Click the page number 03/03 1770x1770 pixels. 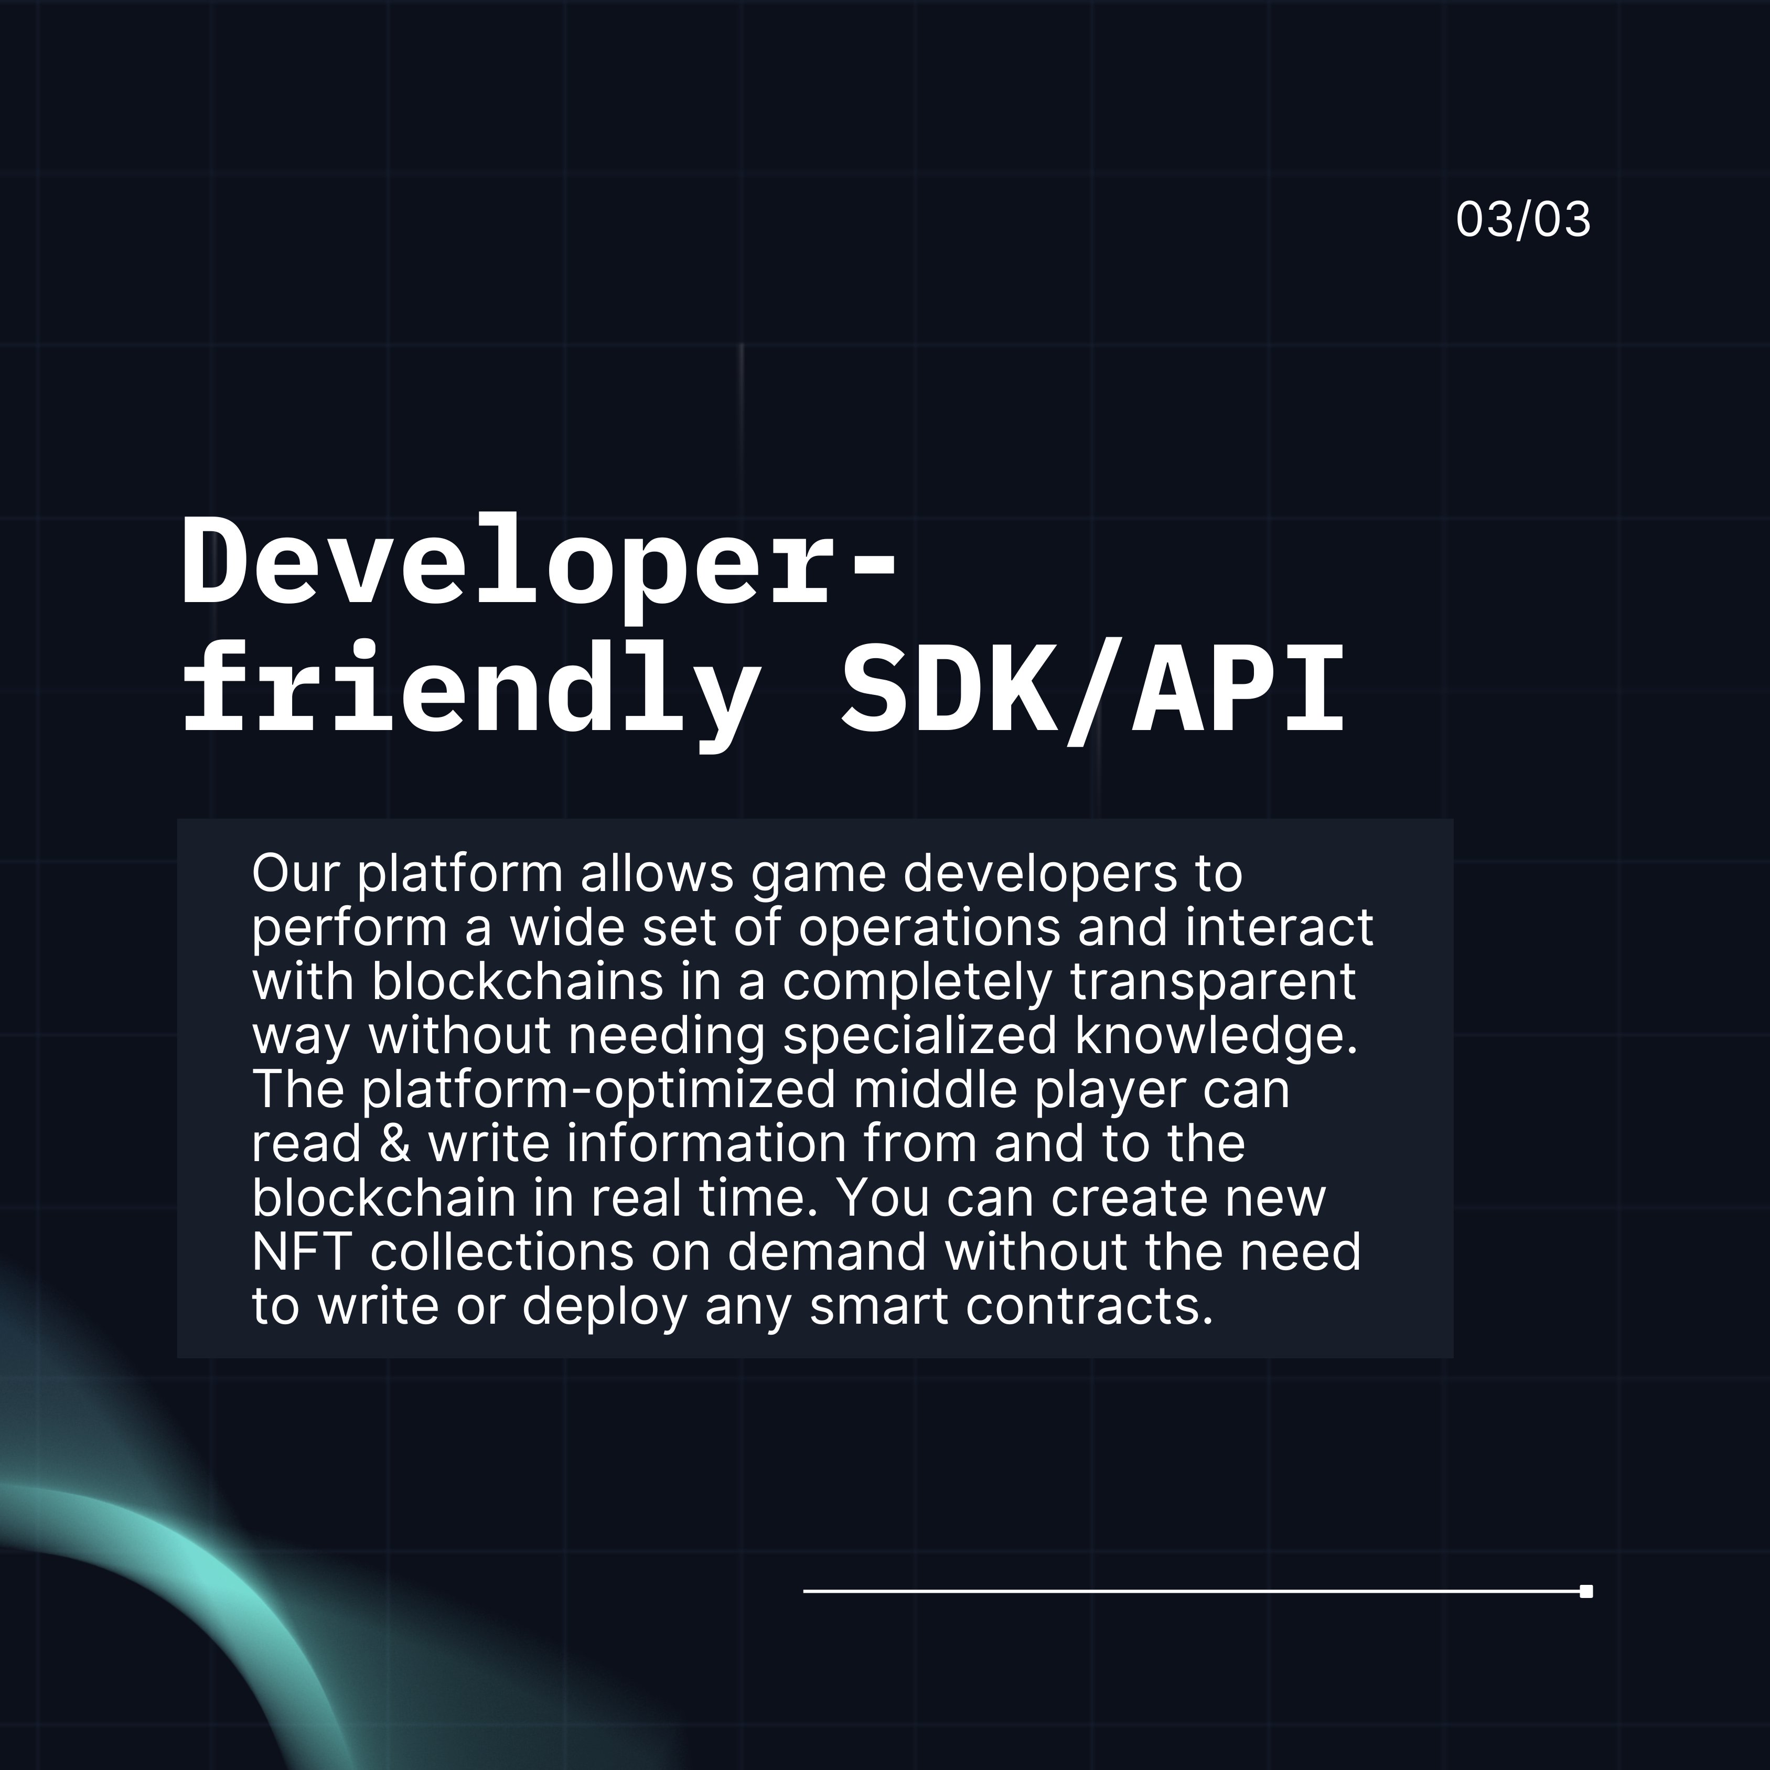tap(1522, 220)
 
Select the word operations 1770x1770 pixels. tap(929, 928)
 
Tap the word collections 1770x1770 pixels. tap(502, 1252)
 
